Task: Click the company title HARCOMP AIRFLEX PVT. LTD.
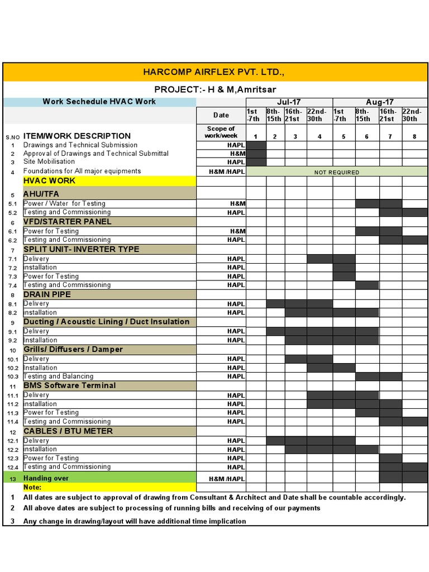pyautogui.click(x=214, y=71)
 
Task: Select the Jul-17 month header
pyautogui.click(x=289, y=102)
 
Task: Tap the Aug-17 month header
pyautogui.click(x=380, y=102)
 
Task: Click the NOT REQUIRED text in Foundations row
pyautogui.click(x=336, y=172)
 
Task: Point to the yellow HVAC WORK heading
pyautogui.click(x=49, y=181)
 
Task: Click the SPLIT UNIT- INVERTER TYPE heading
pyautogui.click(x=81, y=249)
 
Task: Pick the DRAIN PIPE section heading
pyautogui.click(x=47, y=294)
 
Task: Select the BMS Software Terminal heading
pyautogui.click(x=69, y=385)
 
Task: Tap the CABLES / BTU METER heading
pyautogui.click(x=68, y=431)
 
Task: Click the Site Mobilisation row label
pyautogui.click(x=49, y=162)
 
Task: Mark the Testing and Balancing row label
pyautogui.click(x=59, y=376)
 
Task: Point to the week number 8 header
pyautogui.click(x=414, y=136)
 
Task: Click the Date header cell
pyautogui.click(x=221, y=115)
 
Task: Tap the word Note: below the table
pyautogui.click(x=33, y=487)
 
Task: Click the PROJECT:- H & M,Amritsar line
pyautogui.click(x=215, y=89)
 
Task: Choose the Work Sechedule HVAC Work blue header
pyautogui.click(x=99, y=102)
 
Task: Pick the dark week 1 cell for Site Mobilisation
pyautogui.click(x=256, y=162)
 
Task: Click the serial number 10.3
pyautogui.click(x=13, y=376)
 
